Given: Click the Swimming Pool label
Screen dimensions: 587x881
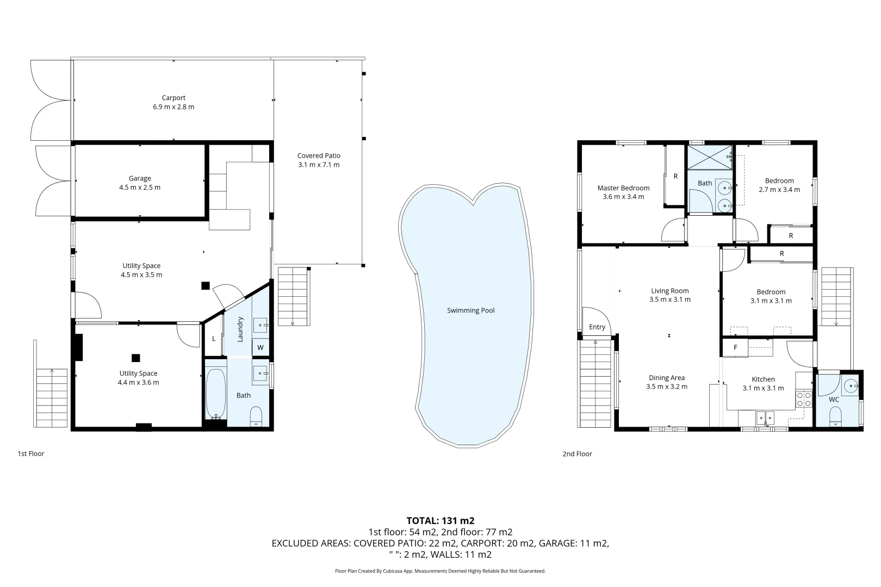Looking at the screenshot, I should coord(470,310).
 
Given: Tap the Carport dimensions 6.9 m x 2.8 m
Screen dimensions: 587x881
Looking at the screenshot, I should coord(173,107).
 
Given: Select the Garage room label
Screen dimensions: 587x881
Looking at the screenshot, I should coord(140,178).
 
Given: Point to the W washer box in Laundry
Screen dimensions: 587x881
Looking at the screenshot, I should coord(260,347).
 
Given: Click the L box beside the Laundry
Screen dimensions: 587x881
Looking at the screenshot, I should coord(214,339).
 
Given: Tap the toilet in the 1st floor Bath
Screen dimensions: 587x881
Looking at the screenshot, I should coord(256,417).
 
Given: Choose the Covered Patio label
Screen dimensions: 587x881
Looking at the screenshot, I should coord(319,155).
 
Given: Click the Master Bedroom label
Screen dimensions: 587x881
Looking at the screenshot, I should coord(623,188).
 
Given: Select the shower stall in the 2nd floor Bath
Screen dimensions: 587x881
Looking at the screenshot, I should coord(710,157).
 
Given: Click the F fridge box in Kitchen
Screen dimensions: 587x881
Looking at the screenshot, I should coord(735,347).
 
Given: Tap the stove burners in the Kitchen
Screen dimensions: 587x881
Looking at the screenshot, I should coord(804,399).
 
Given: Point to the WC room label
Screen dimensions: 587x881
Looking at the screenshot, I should coord(834,399).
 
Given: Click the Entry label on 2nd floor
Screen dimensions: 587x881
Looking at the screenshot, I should coord(597,327).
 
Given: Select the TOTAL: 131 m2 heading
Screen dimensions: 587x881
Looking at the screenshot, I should coord(440,521).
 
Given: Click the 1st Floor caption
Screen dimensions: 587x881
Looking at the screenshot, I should coord(31,453).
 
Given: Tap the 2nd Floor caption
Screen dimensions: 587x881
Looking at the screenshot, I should coord(577,453).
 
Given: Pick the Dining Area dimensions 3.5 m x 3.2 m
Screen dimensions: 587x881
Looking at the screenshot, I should coord(666,387).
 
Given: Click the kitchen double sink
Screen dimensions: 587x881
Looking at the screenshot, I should coord(766,417).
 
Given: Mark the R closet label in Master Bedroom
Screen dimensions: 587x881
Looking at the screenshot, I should coord(675,176).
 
